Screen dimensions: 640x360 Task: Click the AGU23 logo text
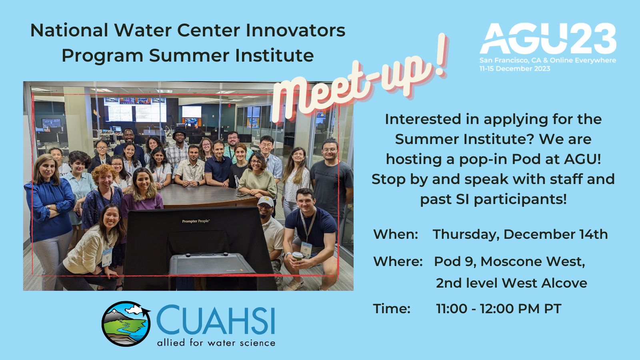[x=548, y=38]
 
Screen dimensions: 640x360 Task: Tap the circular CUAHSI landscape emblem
[x=126, y=324]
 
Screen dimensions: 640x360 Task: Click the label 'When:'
[x=396, y=234]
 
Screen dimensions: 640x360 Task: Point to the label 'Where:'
[x=398, y=262]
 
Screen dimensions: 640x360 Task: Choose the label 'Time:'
[x=392, y=308]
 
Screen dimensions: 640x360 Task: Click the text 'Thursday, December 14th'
[x=520, y=234]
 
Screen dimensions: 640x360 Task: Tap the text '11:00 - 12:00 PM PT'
[x=498, y=308]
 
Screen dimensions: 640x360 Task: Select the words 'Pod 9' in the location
[x=455, y=262]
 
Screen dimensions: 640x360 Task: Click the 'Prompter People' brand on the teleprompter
[x=196, y=221]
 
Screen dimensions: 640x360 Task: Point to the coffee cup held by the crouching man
[x=298, y=256]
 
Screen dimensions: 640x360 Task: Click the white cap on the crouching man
[x=266, y=201]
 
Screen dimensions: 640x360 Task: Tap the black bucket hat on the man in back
[x=180, y=132]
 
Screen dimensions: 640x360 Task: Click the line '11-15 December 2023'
[x=514, y=68]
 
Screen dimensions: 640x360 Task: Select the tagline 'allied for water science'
[x=216, y=342]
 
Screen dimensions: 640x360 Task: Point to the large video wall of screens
[x=135, y=110]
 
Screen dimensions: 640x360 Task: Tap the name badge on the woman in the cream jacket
[x=107, y=257]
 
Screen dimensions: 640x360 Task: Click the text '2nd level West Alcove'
[x=512, y=283]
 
